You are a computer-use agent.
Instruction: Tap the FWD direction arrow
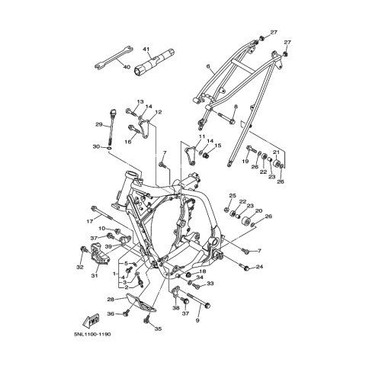(91, 321)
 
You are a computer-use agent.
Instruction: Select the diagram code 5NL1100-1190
(93, 334)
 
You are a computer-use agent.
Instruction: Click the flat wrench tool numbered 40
(113, 58)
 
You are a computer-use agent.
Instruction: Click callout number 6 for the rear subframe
(208, 66)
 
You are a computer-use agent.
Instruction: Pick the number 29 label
(99, 124)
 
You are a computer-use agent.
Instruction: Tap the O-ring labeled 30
(109, 148)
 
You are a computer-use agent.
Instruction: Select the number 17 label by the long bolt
(89, 222)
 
